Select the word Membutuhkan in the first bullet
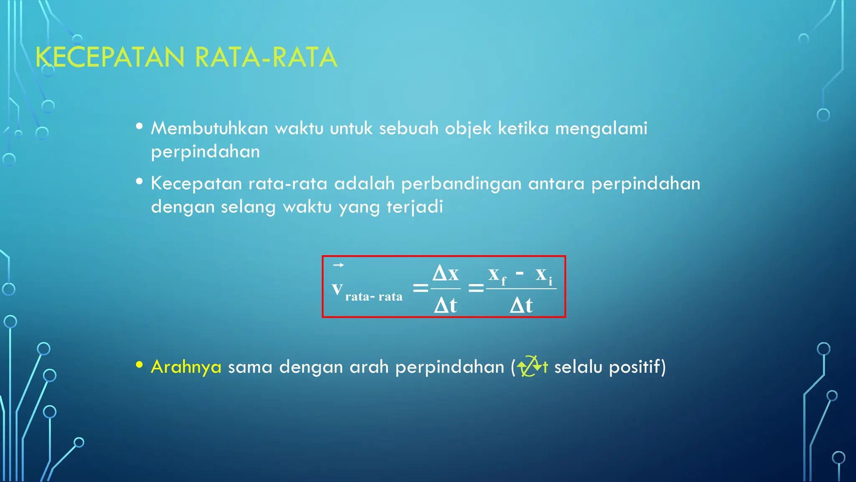pos(209,128)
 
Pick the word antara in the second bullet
pos(556,184)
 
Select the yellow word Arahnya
pos(186,367)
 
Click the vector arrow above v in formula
pos(338,265)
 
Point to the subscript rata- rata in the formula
pos(374,297)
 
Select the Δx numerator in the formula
pos(446,274)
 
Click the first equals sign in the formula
pos(420,288)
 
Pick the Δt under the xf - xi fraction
pos(521,305)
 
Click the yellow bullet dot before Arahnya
pos(140,365)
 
